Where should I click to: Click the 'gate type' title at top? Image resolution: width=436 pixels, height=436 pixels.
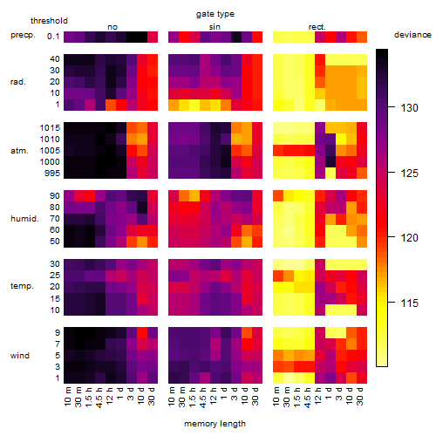click(x=215, y=14)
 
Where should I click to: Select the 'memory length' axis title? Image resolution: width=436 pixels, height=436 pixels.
click(x=215, y=424)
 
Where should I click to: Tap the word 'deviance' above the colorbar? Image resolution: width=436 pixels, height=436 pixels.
click(x=412, y=35)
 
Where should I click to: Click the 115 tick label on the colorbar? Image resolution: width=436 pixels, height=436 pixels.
click(x=410, y=303)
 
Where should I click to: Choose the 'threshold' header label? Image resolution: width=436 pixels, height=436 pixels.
click(x=49, y=21)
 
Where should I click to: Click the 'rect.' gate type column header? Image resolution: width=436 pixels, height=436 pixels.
click(x=317, y=27)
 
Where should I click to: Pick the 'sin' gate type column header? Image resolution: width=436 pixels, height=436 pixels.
click(x=215, y=27)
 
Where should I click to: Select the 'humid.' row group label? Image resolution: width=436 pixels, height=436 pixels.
click(x=24, y=219)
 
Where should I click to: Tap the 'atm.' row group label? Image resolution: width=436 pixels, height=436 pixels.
click(x=19, y=151)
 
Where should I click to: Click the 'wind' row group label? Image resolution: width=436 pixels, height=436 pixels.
click(x=20, y=356)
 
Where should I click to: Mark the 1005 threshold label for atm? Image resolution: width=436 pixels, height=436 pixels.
click(x=50, y=151)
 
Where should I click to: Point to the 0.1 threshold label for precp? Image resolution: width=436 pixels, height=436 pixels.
click(x=53, y=37)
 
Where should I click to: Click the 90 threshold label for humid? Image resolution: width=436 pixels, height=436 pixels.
click(x=55, y=196)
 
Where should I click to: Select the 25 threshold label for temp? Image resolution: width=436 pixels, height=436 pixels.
click(x=55, y=275)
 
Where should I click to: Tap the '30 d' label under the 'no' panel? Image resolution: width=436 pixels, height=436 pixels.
click(x=152, y=396)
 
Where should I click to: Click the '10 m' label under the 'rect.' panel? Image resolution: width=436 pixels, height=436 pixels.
click(x=276, y=396)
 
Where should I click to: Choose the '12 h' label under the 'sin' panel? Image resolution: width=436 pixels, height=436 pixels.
click(x=214, y=396)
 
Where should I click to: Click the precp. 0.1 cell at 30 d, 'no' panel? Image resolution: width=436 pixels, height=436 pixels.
click(x=153, y=37)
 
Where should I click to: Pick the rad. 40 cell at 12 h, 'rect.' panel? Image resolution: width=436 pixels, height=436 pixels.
click(x=320, y=59)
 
